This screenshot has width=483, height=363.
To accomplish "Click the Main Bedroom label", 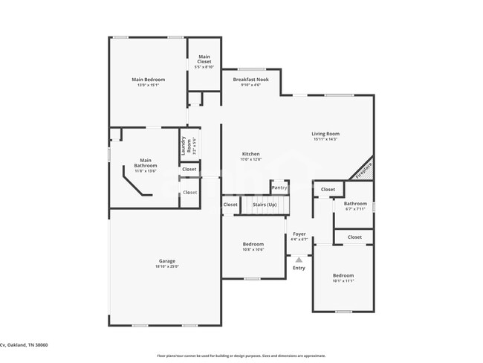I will coord(148,80).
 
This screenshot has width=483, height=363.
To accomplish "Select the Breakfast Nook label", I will coord(250,80).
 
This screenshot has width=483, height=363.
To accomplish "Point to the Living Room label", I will coord(325,134).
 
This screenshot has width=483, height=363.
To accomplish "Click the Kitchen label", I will coord(250,154).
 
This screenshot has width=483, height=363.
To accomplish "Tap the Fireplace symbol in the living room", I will coord(363,169).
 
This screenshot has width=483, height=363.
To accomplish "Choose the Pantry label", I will coord(279,188).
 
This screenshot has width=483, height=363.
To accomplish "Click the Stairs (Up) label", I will coord(265,204).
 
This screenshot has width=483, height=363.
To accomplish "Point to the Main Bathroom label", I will coord(146,163).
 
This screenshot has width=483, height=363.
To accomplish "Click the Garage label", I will coord(166,261).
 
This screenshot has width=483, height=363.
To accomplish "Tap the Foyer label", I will coord(299,234).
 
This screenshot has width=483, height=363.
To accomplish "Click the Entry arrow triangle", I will coord(299,260).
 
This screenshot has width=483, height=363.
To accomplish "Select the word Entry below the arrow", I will coord(299,268).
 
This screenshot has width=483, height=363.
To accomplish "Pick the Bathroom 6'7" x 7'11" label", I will coord(355,204).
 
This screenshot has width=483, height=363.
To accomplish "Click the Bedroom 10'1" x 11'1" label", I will coord(343,275).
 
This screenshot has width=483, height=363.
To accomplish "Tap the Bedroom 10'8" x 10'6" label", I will coord(253,244).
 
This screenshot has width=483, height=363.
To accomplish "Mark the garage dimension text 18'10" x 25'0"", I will coord(166,266).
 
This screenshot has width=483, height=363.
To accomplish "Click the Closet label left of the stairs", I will coord(230,205).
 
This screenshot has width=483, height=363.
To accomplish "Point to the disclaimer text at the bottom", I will coord(241,356).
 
